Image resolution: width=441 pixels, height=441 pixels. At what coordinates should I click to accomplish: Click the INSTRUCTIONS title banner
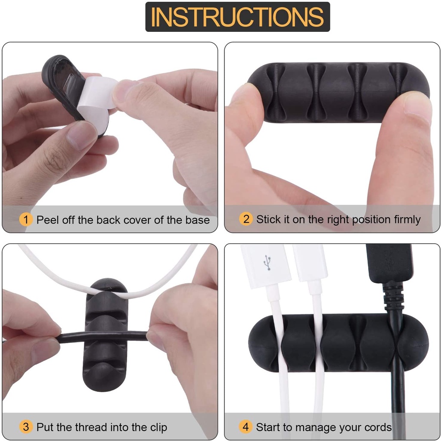click(238, 17)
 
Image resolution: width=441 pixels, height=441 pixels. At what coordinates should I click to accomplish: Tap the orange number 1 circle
click(26, 219)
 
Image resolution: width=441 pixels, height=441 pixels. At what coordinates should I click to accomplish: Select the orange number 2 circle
click(246, 219)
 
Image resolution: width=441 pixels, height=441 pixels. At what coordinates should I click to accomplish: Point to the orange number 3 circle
click(26, 427)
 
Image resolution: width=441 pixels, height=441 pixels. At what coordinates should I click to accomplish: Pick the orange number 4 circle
click(245, 427)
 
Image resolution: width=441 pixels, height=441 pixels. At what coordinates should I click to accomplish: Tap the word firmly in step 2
click(407, 219)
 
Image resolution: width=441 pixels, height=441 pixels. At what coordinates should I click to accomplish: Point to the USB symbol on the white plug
click(267, 263)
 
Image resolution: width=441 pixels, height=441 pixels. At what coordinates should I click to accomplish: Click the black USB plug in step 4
click(389, 263)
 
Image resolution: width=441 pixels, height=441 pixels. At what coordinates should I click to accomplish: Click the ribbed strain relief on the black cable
click(393, 295)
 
